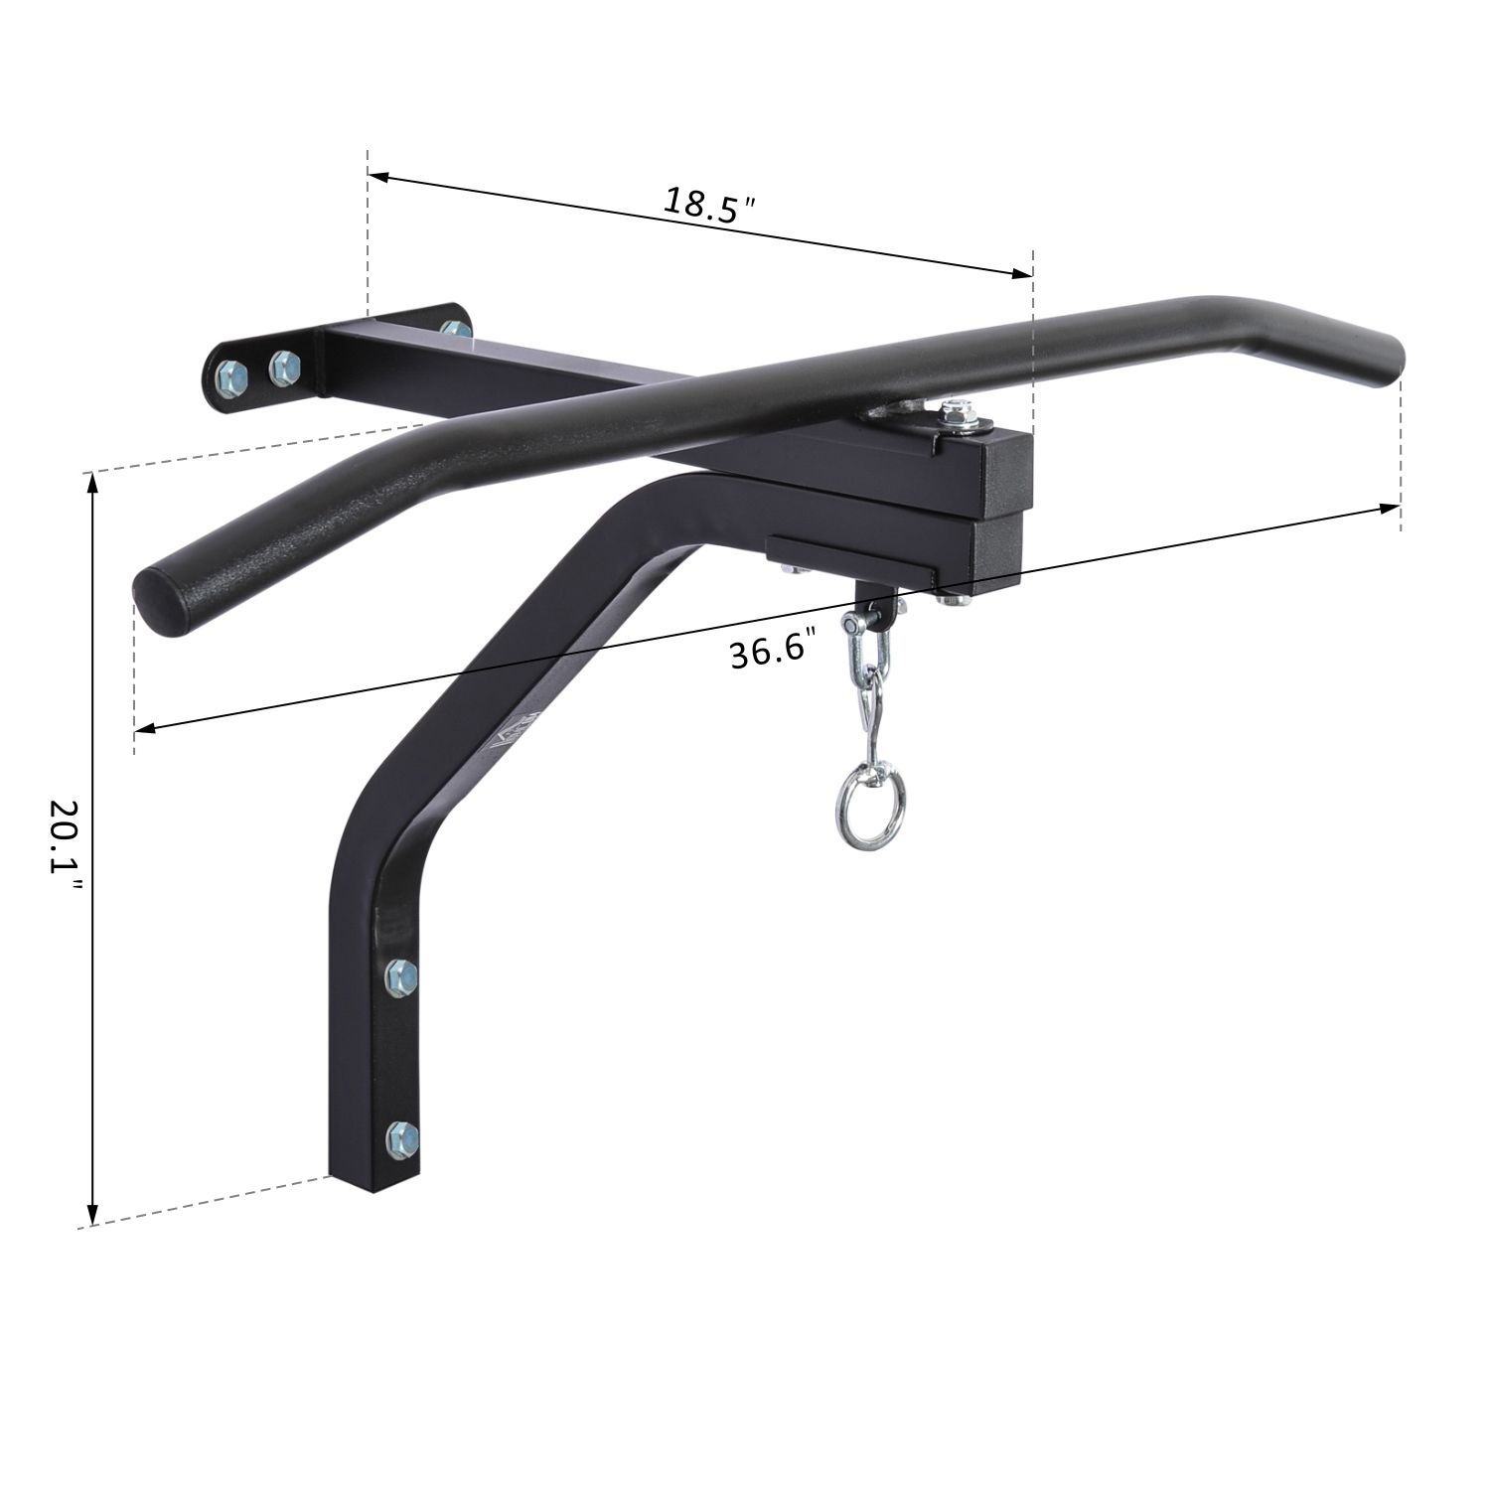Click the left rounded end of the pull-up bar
[x=158, y=599]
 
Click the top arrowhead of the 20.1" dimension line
[x=92, y=483]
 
